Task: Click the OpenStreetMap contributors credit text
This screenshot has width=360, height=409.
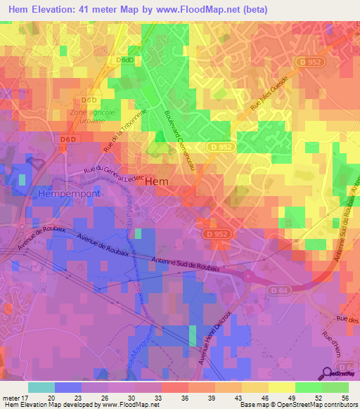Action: [x=321, y=405]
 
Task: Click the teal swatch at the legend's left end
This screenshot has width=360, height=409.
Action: [x=41, y=387]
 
